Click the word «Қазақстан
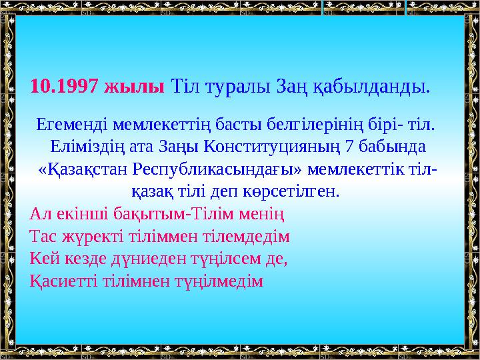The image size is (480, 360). (x=79, y=169)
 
